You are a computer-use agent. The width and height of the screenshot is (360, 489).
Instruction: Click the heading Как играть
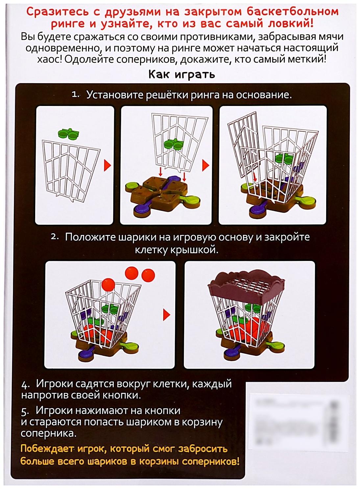click(x=181, y=74)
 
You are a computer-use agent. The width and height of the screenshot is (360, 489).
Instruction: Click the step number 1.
click(x=75, y=95)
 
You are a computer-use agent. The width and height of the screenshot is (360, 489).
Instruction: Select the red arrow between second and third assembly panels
click(x=206, y=165)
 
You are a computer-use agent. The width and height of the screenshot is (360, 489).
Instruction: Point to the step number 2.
click(x=55, y=237)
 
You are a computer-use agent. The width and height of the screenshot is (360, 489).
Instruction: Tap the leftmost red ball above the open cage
click(x=108, y=283)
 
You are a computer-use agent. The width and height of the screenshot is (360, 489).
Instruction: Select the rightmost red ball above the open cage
click(x=148, y=275)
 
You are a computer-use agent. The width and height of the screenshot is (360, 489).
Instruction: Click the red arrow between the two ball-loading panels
click(x=167, y=315)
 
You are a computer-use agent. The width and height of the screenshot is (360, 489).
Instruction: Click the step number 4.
click(x=25, y=385)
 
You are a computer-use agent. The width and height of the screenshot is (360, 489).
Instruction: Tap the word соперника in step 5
click(x=48, y=433)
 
